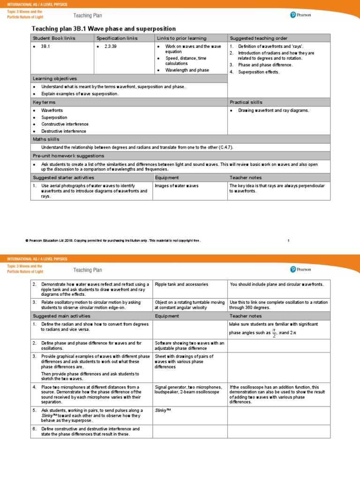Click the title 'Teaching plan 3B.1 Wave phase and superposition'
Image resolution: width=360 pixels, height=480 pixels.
[104, 29]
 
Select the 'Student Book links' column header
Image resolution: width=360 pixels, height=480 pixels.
[53, 38]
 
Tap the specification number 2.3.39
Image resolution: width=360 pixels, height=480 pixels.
[110, 47]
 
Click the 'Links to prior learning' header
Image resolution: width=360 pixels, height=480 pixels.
[181, 38]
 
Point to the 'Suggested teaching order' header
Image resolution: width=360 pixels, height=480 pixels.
[258, 38]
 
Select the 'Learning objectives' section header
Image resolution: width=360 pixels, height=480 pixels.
[55, 78]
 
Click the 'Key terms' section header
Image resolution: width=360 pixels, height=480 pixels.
[44, 102]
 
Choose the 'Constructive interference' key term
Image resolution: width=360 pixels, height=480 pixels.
[65, 124]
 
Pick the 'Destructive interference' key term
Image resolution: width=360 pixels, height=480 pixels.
[64, 131]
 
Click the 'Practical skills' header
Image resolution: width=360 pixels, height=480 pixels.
[246, 102]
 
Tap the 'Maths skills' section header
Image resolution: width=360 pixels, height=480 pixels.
[46, 139]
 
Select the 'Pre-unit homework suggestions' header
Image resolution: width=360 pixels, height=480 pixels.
[68, 156]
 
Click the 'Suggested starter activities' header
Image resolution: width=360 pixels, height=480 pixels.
[63, 178]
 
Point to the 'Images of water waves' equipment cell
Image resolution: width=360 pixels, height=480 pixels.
[177, 186]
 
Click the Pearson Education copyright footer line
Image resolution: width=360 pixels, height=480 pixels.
[112, 240]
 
